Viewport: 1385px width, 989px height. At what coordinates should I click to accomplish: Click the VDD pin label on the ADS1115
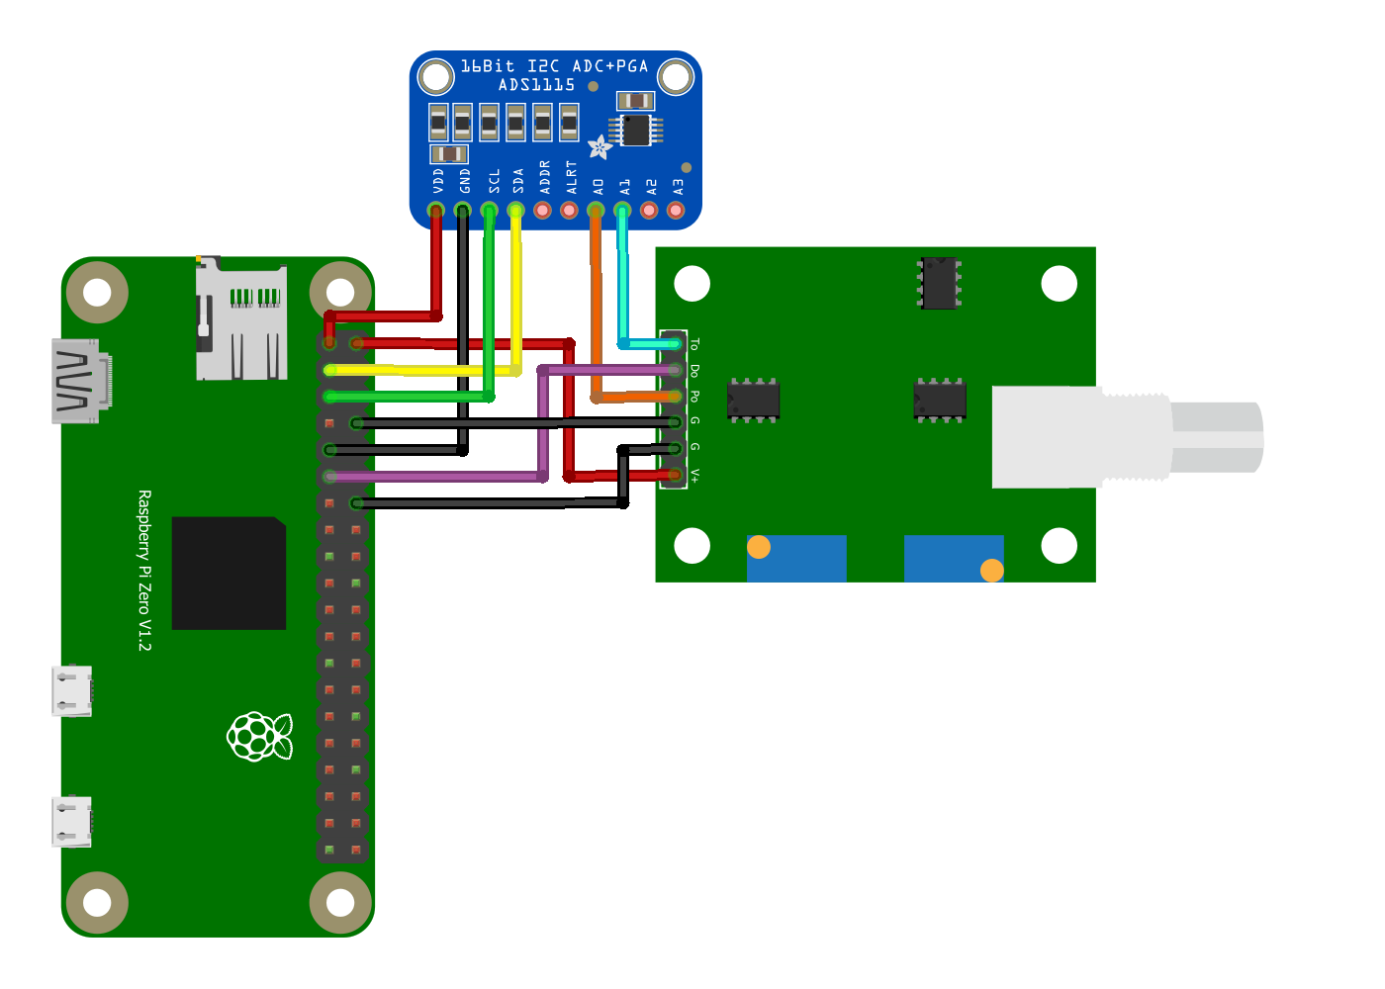click(x=438, y=180)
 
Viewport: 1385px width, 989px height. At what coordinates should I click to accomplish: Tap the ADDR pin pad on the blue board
click(x=543, y=211)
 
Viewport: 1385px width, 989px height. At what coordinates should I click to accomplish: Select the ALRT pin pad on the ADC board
click(x=570, y=211)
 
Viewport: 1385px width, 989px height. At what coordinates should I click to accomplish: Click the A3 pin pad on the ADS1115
click(x=676, y=211)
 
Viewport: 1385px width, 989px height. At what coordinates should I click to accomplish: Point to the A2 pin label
click(x=651, y=187)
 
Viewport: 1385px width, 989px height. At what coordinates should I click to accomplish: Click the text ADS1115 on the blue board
click(x=536, y=85)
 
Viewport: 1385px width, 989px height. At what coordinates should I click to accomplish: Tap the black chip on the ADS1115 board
click(x=635, y=130)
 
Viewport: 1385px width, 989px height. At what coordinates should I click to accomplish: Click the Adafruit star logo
click(x=600, y=147)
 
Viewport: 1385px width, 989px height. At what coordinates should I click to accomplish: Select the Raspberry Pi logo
click(x=259, y=736)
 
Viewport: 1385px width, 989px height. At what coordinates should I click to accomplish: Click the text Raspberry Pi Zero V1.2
click(x=144, y=571)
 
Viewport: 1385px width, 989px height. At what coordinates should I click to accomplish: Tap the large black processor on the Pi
click(x=229, y=573)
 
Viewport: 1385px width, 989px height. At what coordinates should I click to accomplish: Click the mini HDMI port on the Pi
click(x=81, y=381)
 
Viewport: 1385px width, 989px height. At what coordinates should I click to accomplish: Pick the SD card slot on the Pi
click(x=241, y=317)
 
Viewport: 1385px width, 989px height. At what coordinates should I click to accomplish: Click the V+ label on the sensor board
click(x=694, y=476)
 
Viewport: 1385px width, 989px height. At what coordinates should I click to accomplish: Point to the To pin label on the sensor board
click(x=694, y=344)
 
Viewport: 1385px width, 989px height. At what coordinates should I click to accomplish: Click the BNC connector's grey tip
click(x=1217, y=437)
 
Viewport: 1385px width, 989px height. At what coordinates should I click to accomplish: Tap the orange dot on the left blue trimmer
click(x=759, y=547)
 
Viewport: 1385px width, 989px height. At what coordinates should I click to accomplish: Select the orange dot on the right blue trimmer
click(x=992, y=571)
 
